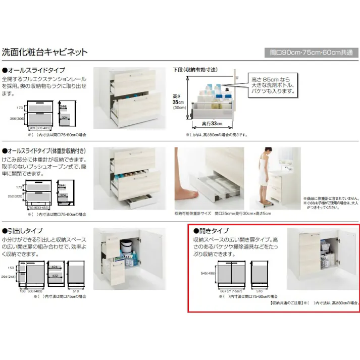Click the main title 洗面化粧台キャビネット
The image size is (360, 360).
click(x=45, y=52)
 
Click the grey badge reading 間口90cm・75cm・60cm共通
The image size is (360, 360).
click(x=311, y=53)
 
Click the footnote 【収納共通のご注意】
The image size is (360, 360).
click(x=286, y=303)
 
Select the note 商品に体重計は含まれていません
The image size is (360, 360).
click(x=331, y=198)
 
